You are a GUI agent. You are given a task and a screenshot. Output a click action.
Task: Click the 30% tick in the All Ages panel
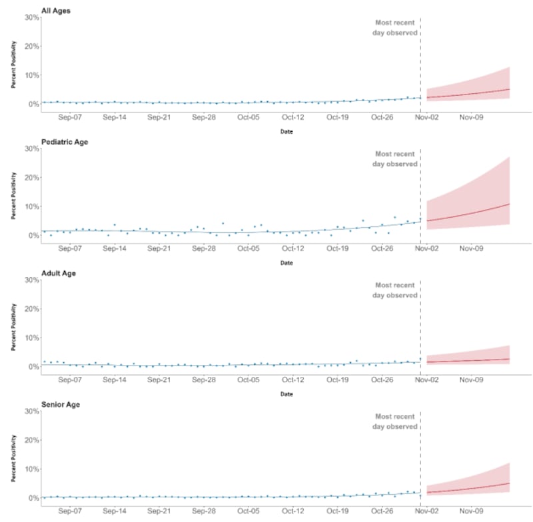[31, 17]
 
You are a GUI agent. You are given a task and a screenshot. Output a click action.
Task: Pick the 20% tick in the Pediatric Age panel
[31, 178]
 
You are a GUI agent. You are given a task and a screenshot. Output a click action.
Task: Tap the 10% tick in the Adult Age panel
[31, 338]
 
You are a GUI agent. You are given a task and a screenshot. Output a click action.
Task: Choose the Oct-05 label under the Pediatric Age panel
[249, 249]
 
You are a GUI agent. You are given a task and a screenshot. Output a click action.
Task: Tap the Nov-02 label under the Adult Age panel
[426, 380]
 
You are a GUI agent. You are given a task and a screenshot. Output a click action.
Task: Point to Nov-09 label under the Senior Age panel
[471, 511]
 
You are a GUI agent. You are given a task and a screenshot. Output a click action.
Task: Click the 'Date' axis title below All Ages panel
[286, 131]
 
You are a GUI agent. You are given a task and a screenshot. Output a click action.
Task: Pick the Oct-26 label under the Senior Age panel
[382, 511]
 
